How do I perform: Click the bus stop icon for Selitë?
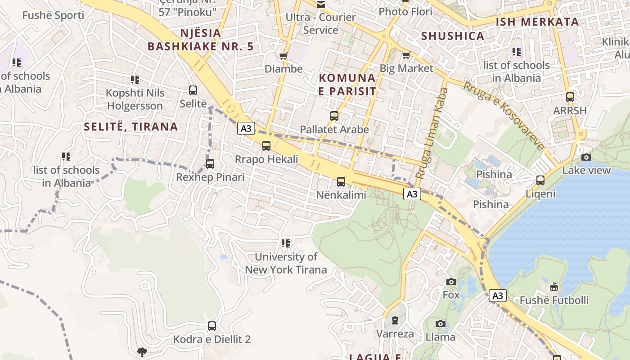(x=193, y=90)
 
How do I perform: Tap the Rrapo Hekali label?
(x=266, y=159)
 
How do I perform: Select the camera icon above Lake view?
(x=586, y=157)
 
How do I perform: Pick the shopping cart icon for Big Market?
(x=406, y=55)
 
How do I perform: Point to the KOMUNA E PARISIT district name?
(x=347, y=85)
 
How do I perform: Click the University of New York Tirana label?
(x=286, y=263)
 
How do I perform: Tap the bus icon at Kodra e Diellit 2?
(x=212, y=326)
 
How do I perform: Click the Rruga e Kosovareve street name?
(x=504, y=116)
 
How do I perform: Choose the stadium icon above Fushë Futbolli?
(x=554, y=287)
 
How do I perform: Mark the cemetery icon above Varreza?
(x=395, y=320)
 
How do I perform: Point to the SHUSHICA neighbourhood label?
(x=453, y=36)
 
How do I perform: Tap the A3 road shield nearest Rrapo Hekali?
(x=246, y=129)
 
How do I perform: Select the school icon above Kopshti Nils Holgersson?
(x=135, y=80)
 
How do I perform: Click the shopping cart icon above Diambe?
(x=283, y=56)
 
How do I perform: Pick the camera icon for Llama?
(x=441, y=324)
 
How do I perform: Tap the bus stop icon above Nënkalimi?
(x=341, y=182)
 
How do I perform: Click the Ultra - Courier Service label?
(x=321, y=24)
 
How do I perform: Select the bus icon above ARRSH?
(x=570, y=97)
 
